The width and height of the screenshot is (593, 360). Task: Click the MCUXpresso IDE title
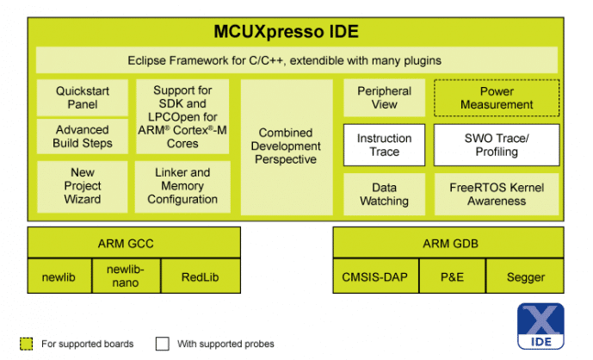pyautogui.click(x=286, y=33)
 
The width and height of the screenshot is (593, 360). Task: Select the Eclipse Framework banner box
pyautogui.click(x=296, y=60)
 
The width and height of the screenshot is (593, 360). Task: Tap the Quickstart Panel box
pyautogui.click(x=83, y=97)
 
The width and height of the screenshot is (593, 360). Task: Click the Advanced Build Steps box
pyautogui.click(x=83, y=137)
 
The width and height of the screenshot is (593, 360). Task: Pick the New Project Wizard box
pyautogui.click(x=83, y=186)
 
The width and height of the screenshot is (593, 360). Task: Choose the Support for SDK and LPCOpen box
pyautogui.click(x=183, y=116)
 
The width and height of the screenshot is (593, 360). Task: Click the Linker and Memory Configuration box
pyautogui.click(x=183, y=186)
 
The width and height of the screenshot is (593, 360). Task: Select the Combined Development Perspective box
pyautogui.click(x=287, y=146)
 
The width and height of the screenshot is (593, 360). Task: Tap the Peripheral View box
pyautogui.click(x=384, y=97)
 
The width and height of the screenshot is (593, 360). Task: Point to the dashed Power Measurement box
pyautogui.click(x=497, y=97)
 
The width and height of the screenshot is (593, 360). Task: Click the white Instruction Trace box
pyautogui.click(x=384, y=145)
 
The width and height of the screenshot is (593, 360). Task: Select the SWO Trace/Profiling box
pyautogui.click(x=497, y=145)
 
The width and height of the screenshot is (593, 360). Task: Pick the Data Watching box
pyautogui.click(x=384, y=194)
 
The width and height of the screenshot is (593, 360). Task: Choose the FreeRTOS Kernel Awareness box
pyautogui.click(x=497, y=194)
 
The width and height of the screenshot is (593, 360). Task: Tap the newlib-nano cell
pyautogui.click(x=127, y=276)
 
